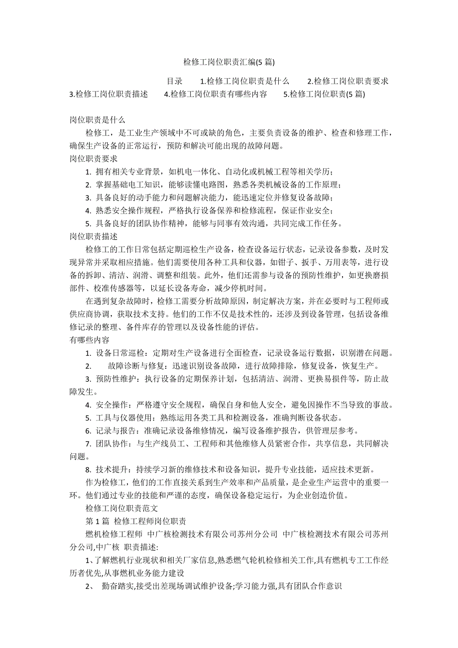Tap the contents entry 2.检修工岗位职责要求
[347, 81]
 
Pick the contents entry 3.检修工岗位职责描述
[109, 94]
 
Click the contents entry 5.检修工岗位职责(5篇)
[324, 94]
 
